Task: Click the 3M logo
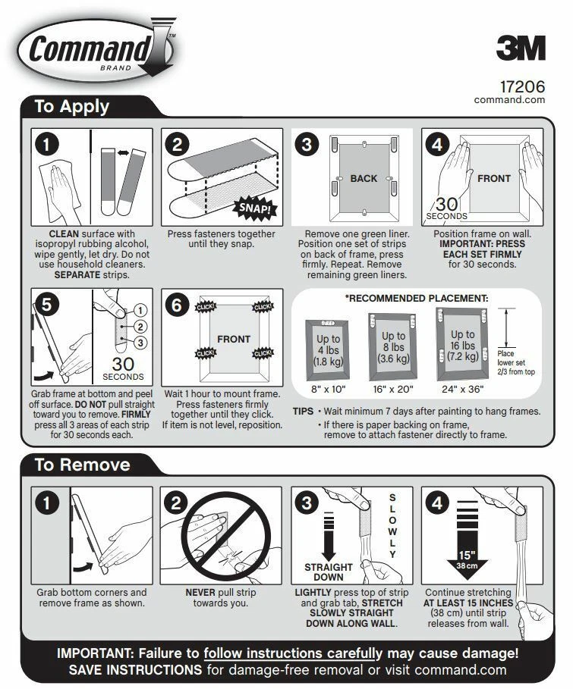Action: pyautogui.click(x=521, y=49)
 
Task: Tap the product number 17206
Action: pyautogui.click(x=522, y=86)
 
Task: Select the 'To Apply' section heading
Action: pyautogui.click(x=72, y=107)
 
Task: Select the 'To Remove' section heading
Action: pyautogui.click(x=82, y=465)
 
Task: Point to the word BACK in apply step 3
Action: pyautogui.click(x=364, y=179)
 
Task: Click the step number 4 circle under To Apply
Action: pyautogui.click(x=438, y=144)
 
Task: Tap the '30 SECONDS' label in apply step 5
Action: pyautogui.click(x=122, y=368)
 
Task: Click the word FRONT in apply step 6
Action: pyautogui.click(x=234, y=339)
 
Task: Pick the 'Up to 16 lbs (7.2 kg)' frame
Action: pyautogui.click(x=462, y=345)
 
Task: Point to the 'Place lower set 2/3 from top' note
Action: pyautogui.click(x=516, y=362)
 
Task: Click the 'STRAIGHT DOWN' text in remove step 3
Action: pyautogui.click(x=329, y=572)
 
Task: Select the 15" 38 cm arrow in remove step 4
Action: pyautogui.click(x=467, y=543)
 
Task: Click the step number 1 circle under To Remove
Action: pyautogui.click(x=48, y=503)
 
